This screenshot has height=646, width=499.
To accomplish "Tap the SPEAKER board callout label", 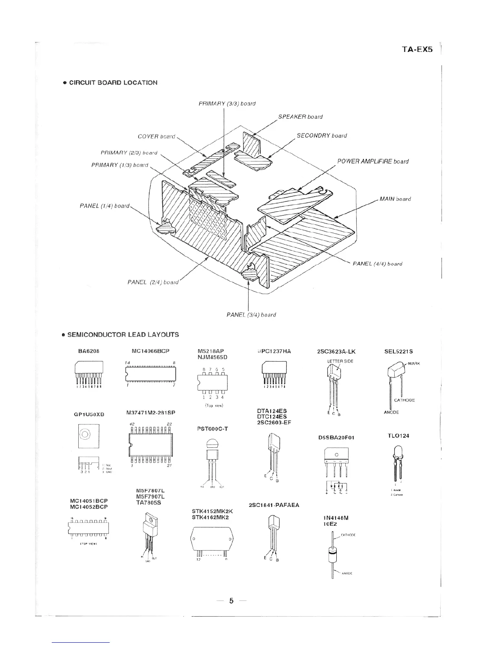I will point(300,117).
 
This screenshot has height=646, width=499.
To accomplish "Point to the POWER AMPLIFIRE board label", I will point(373,161).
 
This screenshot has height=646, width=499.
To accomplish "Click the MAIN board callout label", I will point(395,199).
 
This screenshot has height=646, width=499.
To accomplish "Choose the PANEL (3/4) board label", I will point(251,314).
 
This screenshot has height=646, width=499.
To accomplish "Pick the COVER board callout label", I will point(157,136).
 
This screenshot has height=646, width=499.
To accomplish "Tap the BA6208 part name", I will point(88,351).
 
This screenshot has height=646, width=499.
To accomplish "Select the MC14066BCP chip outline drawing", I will point(150,373).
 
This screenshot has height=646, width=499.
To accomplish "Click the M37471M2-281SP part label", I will point(150,413).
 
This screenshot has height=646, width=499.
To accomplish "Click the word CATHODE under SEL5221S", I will point(404,400).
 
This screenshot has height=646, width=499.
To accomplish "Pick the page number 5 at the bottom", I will point(231,600).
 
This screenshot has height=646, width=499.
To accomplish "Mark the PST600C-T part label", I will point(212,429).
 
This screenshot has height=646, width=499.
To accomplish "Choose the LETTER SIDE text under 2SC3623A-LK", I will point(340,361).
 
